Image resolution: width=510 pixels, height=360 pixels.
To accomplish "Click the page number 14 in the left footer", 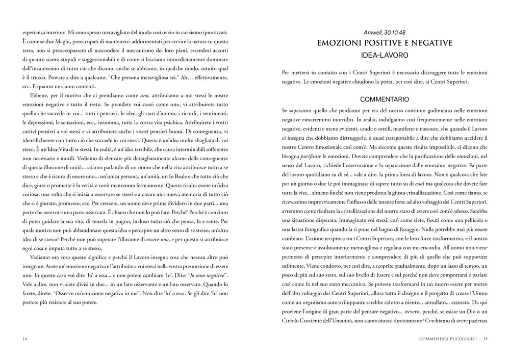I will pos(24,338).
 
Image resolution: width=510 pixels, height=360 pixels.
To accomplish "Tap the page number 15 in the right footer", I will pos(486,338).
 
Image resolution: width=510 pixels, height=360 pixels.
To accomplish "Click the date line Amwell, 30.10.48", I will pos(385,32).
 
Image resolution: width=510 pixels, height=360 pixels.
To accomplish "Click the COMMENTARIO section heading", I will pos(385,99).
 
